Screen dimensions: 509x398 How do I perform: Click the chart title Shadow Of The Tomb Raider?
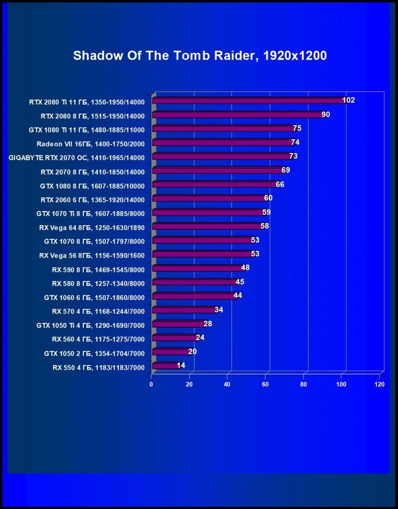tap(200, 56)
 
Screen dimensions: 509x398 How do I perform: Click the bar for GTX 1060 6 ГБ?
tap(193, 296)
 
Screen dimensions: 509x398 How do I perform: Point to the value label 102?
tap(348, 100)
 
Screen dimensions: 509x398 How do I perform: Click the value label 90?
tap(326, 114)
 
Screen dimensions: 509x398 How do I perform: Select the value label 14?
tap(181, 366)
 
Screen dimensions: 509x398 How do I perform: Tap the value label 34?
tap(219, 309)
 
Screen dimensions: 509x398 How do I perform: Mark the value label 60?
tap(268, 198)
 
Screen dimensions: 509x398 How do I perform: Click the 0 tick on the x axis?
tap(151, 384)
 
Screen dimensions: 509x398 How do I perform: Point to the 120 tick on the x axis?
tap(380, 384)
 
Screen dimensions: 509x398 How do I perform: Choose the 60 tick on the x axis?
tap(266, 384)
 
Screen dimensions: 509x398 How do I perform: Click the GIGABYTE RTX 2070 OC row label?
tap(76, 157)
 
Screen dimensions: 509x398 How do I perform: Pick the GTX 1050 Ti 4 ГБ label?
tap(90, 325)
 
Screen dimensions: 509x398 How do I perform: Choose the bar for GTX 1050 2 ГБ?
tap(171, 352)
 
